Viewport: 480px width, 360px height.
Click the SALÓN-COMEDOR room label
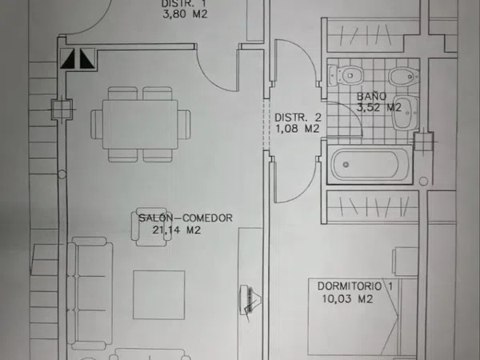(x=186, y=218)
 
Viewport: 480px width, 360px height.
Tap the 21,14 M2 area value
(x=177, y=230)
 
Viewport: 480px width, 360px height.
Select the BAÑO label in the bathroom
(x=372, y=96)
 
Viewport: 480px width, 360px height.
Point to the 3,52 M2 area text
(x=379, y=107)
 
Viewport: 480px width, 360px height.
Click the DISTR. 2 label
(x=298, y=118)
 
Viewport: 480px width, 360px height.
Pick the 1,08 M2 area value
(x=298, y=129)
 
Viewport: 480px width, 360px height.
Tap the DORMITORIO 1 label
(x=354, y=286)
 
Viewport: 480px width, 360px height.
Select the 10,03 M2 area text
(x=347, y=298)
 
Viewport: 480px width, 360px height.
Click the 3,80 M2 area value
(x=185, y=14)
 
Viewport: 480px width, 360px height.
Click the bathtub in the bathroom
(x=370, y=165)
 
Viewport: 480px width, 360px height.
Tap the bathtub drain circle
(x=346, y=165)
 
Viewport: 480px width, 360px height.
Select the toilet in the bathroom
(x=346, y=75)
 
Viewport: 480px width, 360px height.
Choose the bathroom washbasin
(x=406, y=112)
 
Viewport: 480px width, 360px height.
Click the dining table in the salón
(x=140, y=124)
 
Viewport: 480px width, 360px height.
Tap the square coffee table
(x=159, y=294)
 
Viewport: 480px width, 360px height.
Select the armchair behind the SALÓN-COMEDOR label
(x=149, y=227)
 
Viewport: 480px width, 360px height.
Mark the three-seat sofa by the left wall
(x=90, y=293)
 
